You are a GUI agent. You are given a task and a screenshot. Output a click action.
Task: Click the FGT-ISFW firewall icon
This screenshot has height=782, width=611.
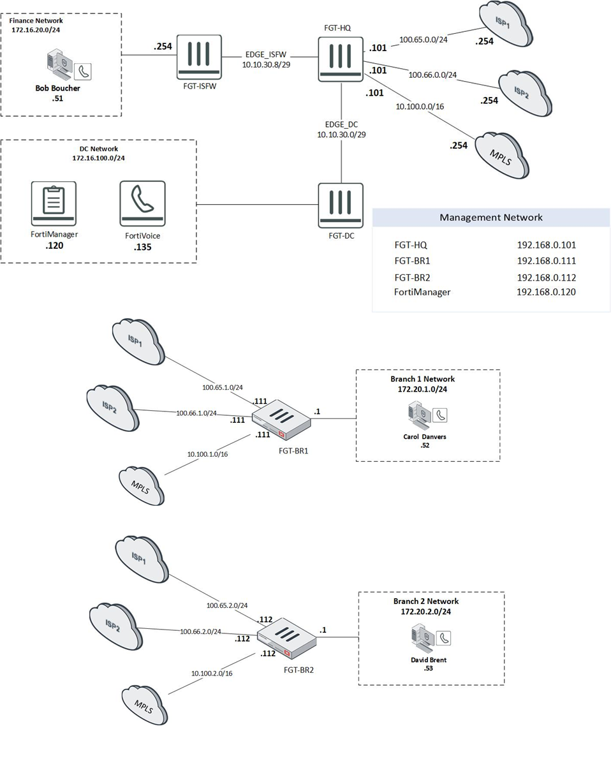click(x=199, y=57)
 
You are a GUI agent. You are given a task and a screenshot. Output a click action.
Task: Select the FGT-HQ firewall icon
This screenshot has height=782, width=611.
click(x=341, y=59)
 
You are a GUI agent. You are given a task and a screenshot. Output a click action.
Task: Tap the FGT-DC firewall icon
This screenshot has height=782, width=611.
click(x=341, y=205)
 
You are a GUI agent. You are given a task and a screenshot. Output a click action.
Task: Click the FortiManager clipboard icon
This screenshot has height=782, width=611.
click(x=54, y=203)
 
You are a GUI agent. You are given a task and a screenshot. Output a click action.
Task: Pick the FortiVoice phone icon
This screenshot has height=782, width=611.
click(x=142, y=203)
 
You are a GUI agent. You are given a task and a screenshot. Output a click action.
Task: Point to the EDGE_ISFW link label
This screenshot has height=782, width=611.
click(x=266, y=55)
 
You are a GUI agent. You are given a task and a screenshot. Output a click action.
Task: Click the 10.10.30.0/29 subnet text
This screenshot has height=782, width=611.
click(x=341, y=135)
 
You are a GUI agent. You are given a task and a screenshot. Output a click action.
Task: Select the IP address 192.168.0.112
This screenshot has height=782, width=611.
click(x=547, y=277)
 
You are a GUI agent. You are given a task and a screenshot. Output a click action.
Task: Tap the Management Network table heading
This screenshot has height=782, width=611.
click(x=490, y=218)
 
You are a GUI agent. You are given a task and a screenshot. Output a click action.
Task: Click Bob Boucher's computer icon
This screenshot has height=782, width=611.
click(x=59, y=66)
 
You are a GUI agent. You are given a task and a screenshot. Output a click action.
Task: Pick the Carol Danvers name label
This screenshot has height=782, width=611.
click(x=425, y=437)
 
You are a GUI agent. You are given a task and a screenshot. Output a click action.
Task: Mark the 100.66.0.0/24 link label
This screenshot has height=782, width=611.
click(x=432, y=75)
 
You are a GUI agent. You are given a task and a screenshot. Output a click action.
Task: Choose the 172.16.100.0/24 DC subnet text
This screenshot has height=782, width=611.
click(x=98, y=158)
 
